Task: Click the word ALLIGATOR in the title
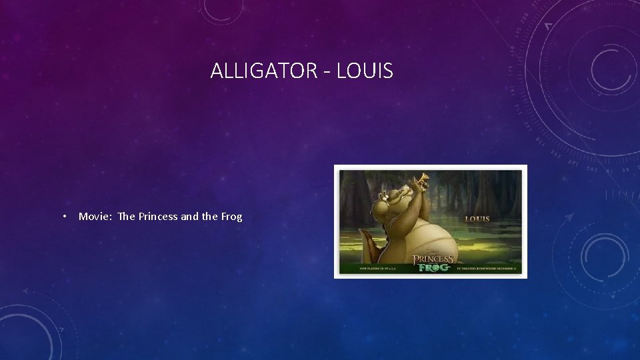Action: point(260,70)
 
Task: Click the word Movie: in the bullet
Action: point(95,216)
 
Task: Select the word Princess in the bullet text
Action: point(158,216)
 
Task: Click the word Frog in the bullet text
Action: point(231,216)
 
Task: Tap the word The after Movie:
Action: point(126,216)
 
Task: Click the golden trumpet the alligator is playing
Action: point(421,178)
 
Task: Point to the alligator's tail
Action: point(363,250)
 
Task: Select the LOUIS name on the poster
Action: point(477,219)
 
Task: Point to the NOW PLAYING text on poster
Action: point(377,268)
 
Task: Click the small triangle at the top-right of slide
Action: point(548,26)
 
